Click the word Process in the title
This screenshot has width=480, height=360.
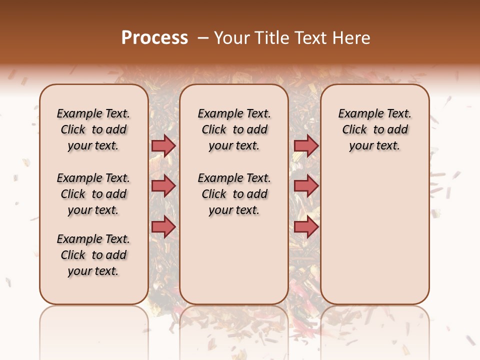click(154, 38)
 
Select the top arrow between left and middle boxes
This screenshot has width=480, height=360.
click(163, 145)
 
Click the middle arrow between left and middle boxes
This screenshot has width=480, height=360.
click(163, 186)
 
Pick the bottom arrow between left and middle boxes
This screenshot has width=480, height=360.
click(163, 227)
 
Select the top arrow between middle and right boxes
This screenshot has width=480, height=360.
click(306, 145)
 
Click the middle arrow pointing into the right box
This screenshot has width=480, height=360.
click(306, 186)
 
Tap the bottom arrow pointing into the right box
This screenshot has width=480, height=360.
click(306, 227)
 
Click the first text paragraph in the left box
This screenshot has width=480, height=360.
click(93, 129)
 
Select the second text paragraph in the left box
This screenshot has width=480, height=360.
click(93, 194)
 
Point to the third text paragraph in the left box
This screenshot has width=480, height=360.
click(93, 255)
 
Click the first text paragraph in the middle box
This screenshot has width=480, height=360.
click(234, 129)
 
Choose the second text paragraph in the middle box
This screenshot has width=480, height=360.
click(234, 194)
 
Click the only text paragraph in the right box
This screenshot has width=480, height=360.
click(374, 129)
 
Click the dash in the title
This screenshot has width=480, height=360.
click(202, 38)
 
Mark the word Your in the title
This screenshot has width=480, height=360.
click(232, 38)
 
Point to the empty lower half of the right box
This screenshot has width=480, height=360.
click(374, 240)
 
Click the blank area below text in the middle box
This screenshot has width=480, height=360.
click(234, 260)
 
